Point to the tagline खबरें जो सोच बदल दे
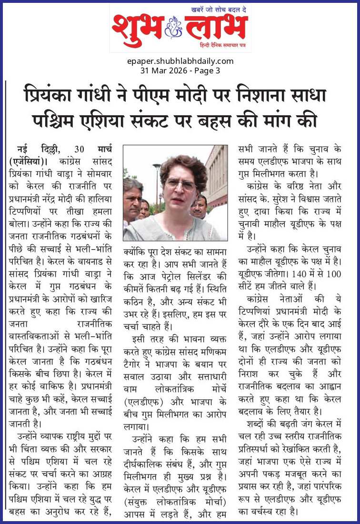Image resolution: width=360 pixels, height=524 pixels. [x=219, y=10]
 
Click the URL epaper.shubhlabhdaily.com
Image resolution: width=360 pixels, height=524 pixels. [x=180, y=61]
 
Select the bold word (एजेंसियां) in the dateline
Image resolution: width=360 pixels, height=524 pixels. [x=30, y=159]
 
